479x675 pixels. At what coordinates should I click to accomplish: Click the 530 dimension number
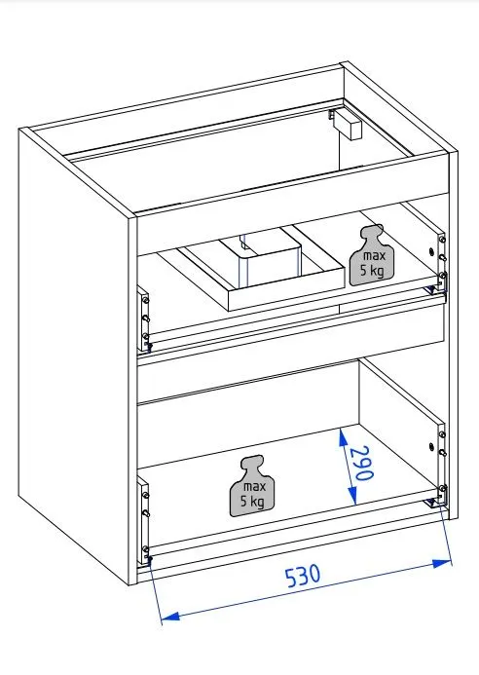tap(303, 576)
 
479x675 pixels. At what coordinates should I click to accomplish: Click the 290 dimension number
tap(360, 463)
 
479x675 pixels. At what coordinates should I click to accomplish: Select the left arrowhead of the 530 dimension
tap(170, 617)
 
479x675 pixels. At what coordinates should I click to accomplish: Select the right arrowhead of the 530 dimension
tap(442, 563)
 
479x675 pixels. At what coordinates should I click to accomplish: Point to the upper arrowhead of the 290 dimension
tap(343, 438)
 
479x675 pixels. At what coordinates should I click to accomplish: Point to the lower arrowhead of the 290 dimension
tap(352, 494)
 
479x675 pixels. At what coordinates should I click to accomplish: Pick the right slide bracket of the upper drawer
tap(442, 262)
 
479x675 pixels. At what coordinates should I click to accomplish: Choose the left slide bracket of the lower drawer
tap(144, 521)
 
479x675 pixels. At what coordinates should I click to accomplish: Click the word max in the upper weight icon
tap(375, 255)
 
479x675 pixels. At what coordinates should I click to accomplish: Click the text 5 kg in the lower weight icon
tap(252, 502)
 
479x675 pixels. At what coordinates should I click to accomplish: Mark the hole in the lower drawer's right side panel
tap(431, 446)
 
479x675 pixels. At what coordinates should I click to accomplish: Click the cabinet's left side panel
tap(74, 357)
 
